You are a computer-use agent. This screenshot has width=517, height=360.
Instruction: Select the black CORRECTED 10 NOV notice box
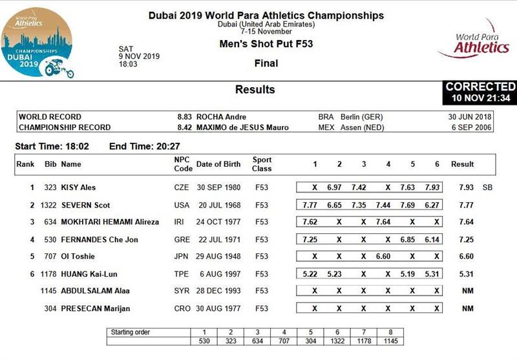pos(480,92)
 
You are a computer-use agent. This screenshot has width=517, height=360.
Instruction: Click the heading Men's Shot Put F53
pos(266,45)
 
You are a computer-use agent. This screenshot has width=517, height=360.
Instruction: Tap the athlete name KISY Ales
pos(78,187)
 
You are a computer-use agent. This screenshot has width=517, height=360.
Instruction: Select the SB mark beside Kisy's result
pos(487,187)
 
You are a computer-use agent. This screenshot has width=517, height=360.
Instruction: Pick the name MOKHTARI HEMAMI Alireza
pos(110,222)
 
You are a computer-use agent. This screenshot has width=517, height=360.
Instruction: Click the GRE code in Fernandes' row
pos(182,240)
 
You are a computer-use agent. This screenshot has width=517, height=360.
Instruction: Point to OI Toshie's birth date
pos(218,257)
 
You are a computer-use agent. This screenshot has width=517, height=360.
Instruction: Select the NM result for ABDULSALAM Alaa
pos(467,291)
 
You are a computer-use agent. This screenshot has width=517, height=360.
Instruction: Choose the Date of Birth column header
pos(218,164)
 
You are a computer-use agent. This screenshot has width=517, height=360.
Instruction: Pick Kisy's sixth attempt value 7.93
pos(432,187)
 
